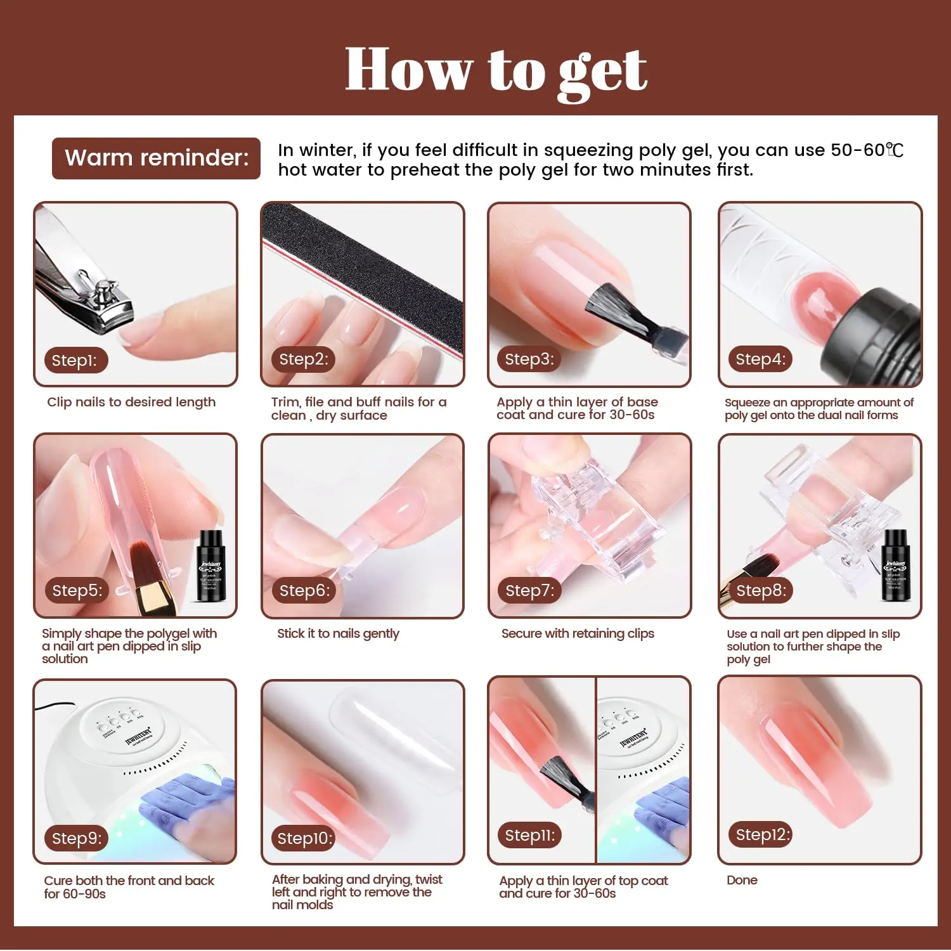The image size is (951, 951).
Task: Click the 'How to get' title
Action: pyautogui.click(x=496, y=71)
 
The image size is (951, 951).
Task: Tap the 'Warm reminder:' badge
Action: pyautogui.click(x=156, y=158)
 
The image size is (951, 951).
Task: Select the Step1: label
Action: pyautogui.click(x=75, y=360)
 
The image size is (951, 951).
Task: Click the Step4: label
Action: pyautogui.click(x=760, y=359)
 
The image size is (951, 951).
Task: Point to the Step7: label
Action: pyautogui.click(x=529, y=590)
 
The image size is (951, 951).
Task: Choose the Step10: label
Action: pyautogui.click(x=304, y=838)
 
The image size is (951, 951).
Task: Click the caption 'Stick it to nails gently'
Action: pyautogui.click(x=338, y=634)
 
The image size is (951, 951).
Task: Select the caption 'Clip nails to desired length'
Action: pyautogui.click(x=131, y=402)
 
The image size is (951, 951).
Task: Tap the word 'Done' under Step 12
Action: pyautogui.click(x=742, y=880)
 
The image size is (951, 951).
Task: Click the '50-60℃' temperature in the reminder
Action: pyautogui.click(x=867, y=150)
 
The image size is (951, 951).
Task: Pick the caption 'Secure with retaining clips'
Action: pyautogui.click(x=578, y=634)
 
